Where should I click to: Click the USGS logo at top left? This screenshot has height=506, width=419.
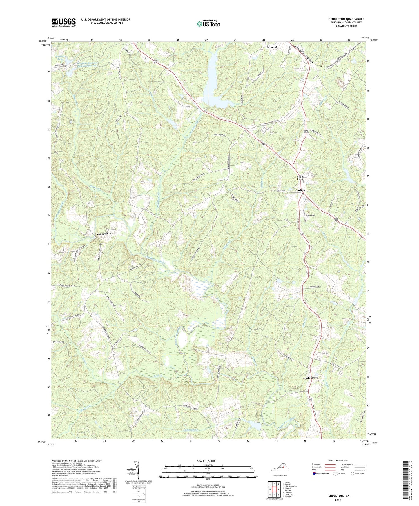(64, 22)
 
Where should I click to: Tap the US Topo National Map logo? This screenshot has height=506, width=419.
(208, 24)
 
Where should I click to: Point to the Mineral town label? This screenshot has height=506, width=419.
(272, 47)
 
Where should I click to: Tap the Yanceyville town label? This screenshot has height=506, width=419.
(104, 234)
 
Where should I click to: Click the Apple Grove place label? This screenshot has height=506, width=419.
(311, 378)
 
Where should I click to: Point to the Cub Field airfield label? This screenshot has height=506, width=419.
(310, 215)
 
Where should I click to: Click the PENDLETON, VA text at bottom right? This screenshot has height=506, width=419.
(338, 496)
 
